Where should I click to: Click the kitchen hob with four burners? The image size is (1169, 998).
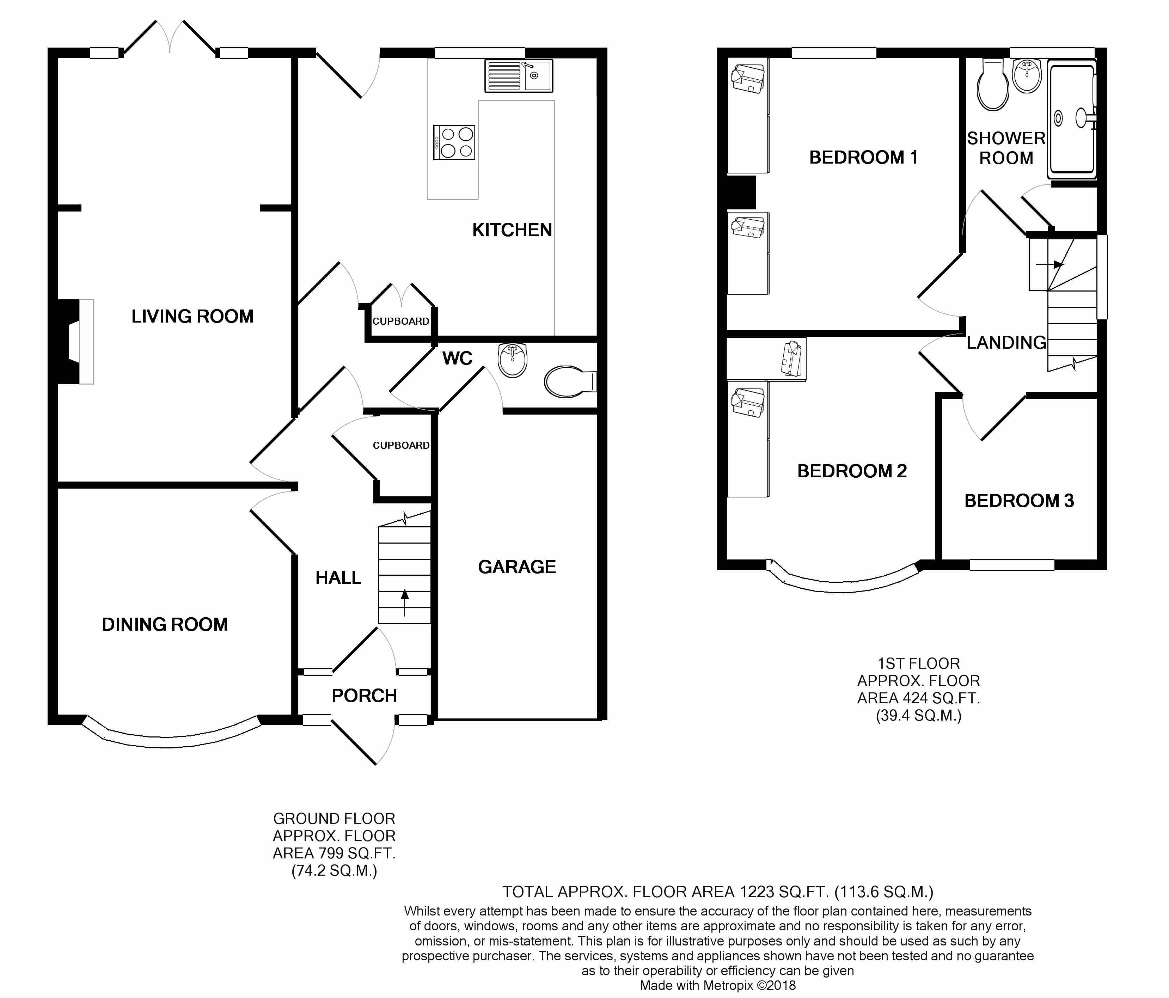(454, 142)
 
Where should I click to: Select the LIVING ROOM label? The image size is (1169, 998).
(192, 317)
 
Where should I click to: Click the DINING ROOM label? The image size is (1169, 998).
(165, 625)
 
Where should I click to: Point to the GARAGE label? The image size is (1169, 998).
(517, 567)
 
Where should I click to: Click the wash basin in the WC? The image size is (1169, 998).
(513, 360)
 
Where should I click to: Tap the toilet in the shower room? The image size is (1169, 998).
(993, 85)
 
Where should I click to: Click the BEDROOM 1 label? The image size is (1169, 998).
(863, 157)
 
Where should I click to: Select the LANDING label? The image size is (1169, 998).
(1006, 342)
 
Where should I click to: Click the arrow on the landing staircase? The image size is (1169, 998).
(1051, 264)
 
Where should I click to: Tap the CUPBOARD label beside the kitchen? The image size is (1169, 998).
(400, 322)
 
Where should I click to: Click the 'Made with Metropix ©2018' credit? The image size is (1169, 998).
(718, 986)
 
